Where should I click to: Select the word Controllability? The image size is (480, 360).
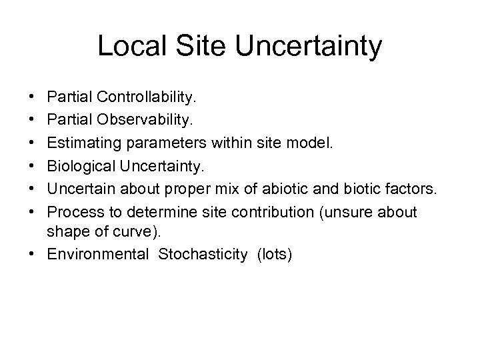pos(147,98)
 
